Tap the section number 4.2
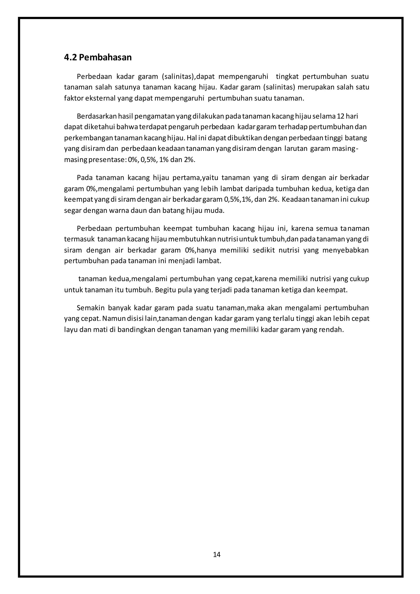click(70, 57)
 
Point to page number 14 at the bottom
click(217, 554)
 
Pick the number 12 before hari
click(340, 116)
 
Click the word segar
click(73, 210)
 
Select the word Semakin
click(90, 308)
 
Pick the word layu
click(70, 330)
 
